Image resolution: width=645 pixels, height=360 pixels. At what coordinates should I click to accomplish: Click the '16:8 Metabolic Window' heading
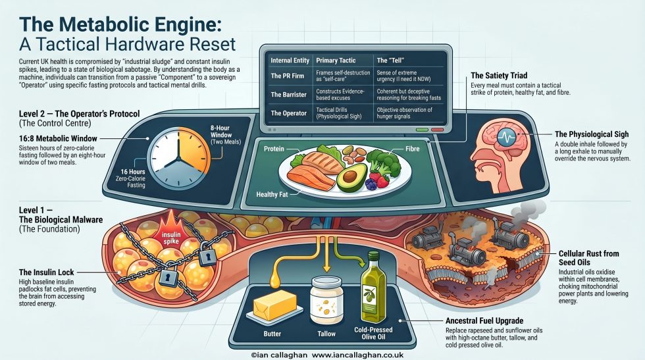click(58, 139)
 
